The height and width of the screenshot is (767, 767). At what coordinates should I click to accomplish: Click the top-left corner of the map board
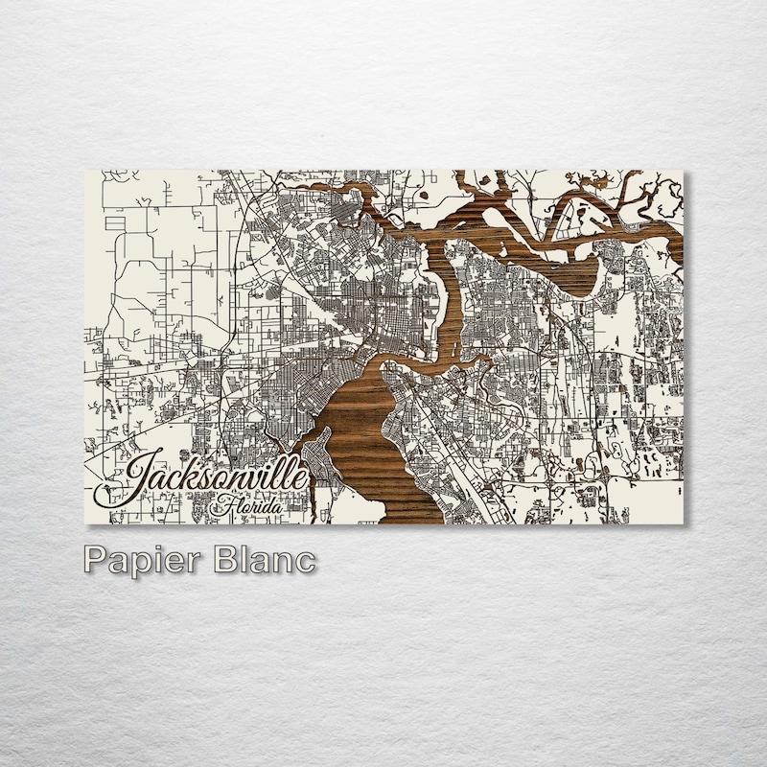click(87, 172)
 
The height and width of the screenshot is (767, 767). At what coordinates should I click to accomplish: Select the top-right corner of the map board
click(683, 172)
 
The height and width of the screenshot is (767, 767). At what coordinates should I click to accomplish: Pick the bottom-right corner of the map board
click(683, 523)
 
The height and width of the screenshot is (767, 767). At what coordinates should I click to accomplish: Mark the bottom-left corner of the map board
click(87, 523)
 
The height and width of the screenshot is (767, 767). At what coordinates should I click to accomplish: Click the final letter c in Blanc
click(305, 562)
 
